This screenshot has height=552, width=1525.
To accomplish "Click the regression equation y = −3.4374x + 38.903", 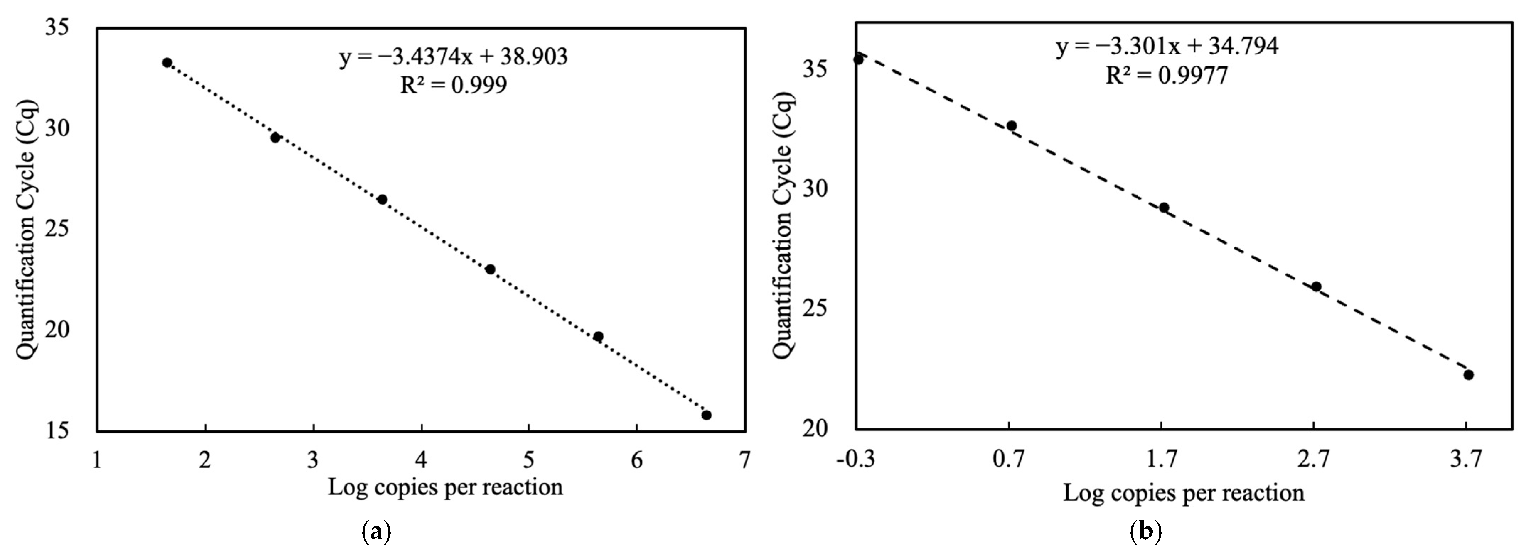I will click(x=454, y=57).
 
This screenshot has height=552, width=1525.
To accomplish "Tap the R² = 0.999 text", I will click(x=454, y=85).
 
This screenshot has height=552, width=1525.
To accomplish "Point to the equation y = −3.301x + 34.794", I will click(x=1167, y=46).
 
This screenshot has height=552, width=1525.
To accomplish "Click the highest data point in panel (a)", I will click(x=167, y=63).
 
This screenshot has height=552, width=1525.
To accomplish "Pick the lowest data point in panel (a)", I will click(x=706, y=415).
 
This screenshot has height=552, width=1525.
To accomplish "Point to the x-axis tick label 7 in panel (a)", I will click(x=744, y=460).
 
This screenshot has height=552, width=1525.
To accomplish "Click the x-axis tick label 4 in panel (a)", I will click(x=421, y=460).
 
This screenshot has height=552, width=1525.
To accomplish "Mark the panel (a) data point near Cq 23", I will click(x=490, y=269).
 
